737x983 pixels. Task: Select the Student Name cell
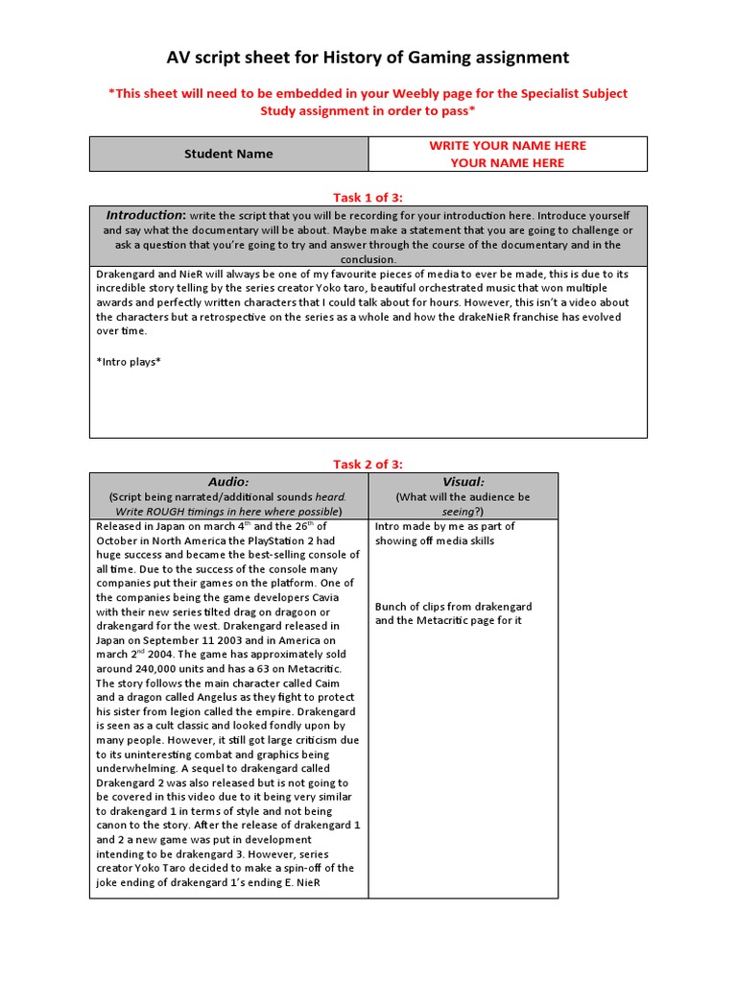[x=228, y=154]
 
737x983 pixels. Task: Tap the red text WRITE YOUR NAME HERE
[x=507, y=145]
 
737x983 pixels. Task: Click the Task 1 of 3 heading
[x=368, y=197]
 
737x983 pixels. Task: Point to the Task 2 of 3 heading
[x=368, y=464]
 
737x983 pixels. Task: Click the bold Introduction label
[x=145, y=215]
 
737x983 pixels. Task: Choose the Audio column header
[x=228, y=481]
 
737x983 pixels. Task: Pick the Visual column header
[x=463, y=481]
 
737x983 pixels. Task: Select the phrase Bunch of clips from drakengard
[x=453, y=607]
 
